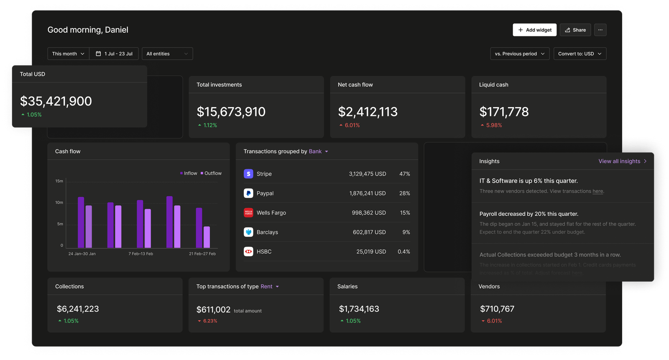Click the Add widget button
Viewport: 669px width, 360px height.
click(x=534, y=30)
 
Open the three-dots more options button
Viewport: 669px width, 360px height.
click(x=600, y=30)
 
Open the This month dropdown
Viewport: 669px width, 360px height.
click(x=68, y=54)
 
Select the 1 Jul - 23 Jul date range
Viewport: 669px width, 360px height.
click(x=114, y=54)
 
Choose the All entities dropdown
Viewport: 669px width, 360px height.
click(x=167, y=54)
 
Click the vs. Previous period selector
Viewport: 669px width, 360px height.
click(x=519, y=54)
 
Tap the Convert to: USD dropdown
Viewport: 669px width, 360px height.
click(x=580, y=54)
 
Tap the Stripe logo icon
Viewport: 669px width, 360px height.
click(x=248, y=174)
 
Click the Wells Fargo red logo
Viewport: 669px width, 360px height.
click(x=248, y=213)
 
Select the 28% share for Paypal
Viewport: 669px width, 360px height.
click(x=404, y=194)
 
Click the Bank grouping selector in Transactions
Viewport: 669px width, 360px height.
click(x=318, y=152)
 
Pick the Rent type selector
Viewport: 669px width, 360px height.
click(x=269, y=287)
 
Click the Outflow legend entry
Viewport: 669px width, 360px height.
click(x=211, y=174)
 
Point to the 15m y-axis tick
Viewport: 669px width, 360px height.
click(x=59, y=181)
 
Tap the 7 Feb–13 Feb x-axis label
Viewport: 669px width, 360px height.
click(x=141, y=254)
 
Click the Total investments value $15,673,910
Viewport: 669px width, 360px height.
click(x=231, y=112)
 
